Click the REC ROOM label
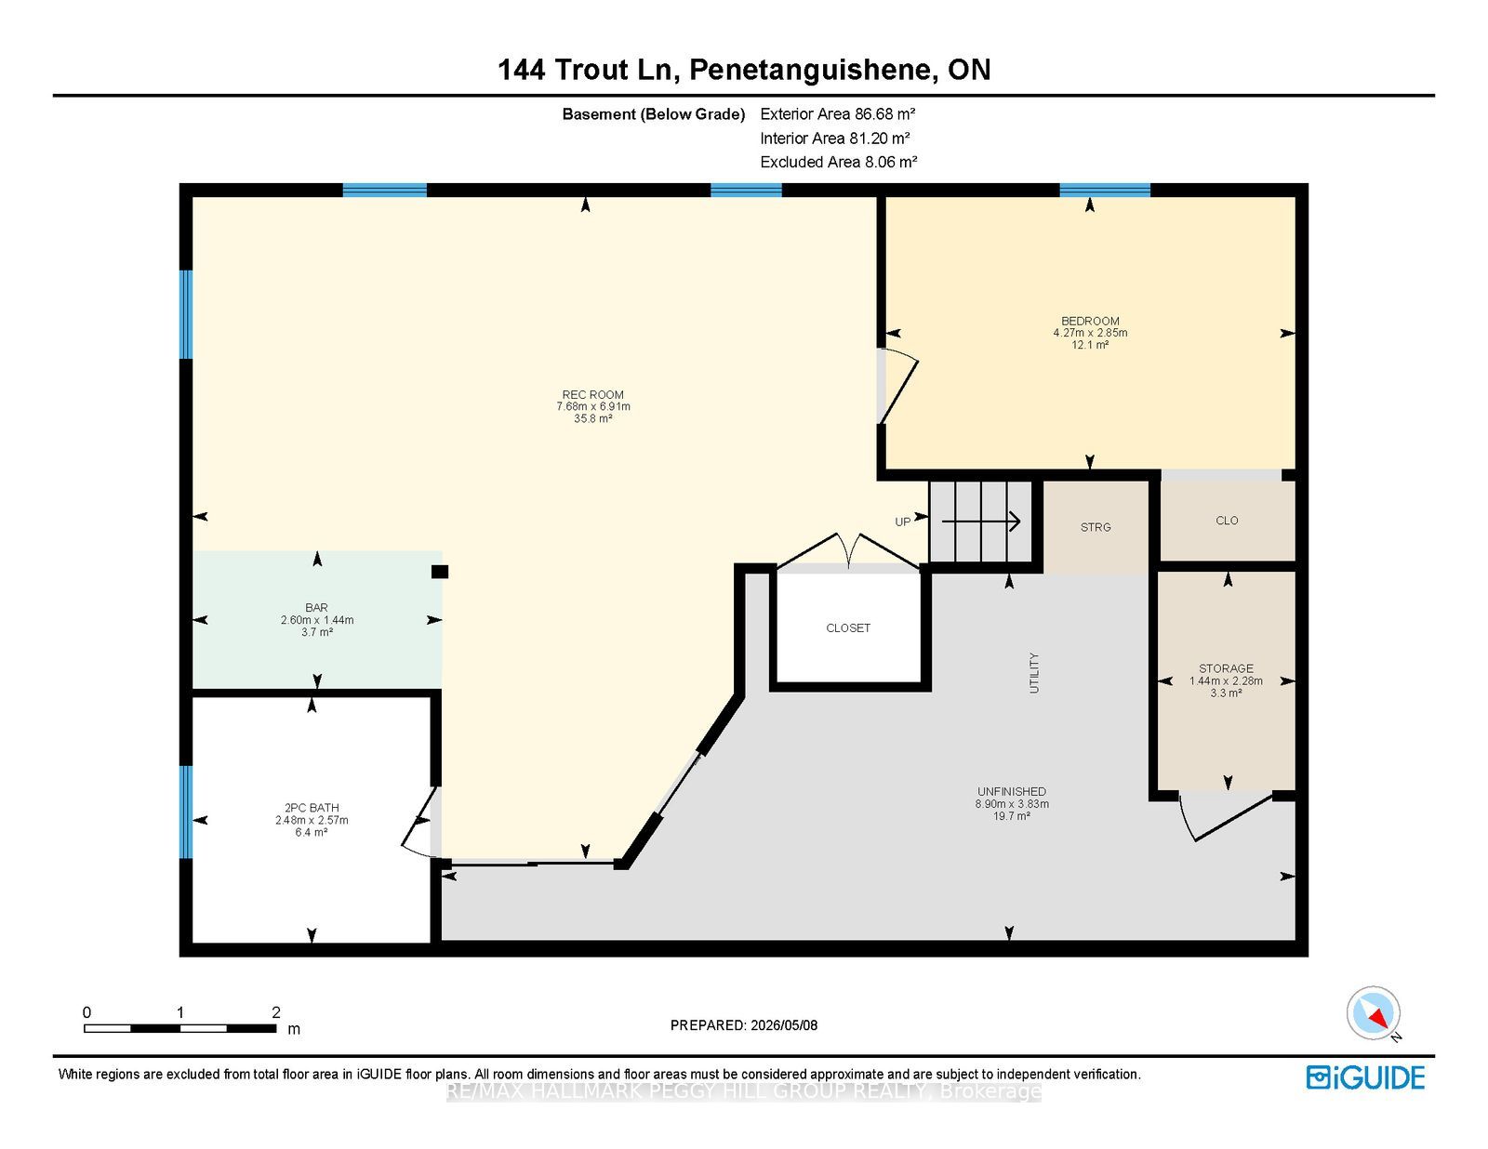[593, 394]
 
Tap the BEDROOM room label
[1090, 321]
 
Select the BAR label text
[316, 608]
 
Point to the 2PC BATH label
[312, 808]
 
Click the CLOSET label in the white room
[848, 628]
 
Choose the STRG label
[1096, 528]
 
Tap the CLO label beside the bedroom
[1227, 521]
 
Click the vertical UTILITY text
[1034, 673]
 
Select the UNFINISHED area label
[1012, 791]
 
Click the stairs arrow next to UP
[981, 522]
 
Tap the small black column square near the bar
[440, 572]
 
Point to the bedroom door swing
[898, 388]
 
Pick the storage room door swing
[1226, 818]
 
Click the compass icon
[1374, 1013]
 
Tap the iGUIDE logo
[1365, 1077]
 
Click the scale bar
[180, 1028]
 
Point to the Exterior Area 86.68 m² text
[838, 114]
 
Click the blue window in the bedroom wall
[1105, 191]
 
